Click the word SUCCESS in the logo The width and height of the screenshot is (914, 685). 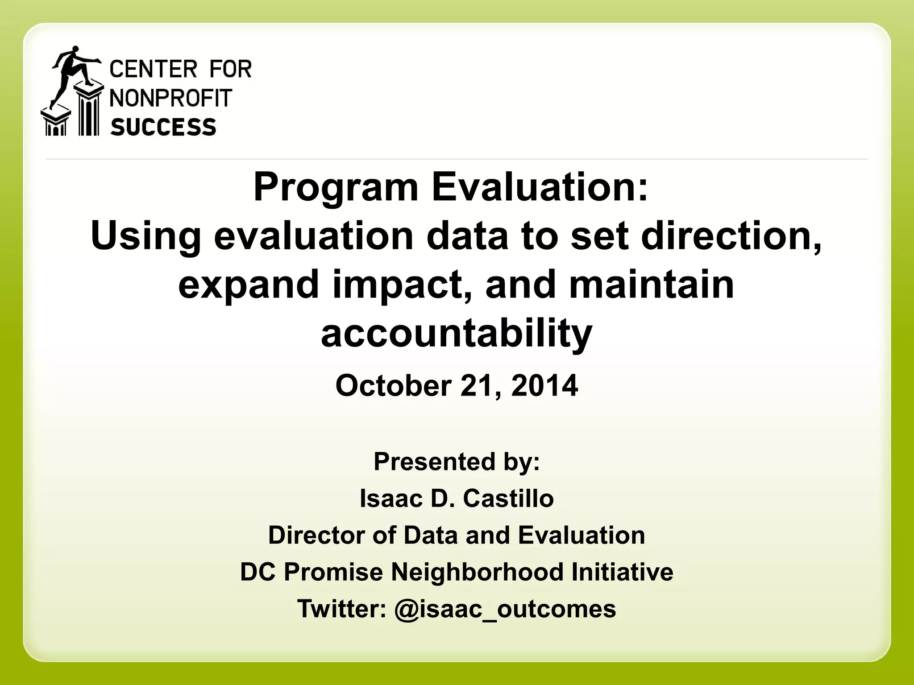163,127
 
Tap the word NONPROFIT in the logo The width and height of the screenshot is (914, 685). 171,98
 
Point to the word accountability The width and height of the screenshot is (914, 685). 457,334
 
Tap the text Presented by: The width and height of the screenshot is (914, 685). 457,461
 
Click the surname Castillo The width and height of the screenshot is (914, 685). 508,498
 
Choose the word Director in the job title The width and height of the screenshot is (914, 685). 316,535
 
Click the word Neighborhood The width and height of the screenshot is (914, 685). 477,572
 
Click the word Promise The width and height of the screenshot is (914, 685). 333,572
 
